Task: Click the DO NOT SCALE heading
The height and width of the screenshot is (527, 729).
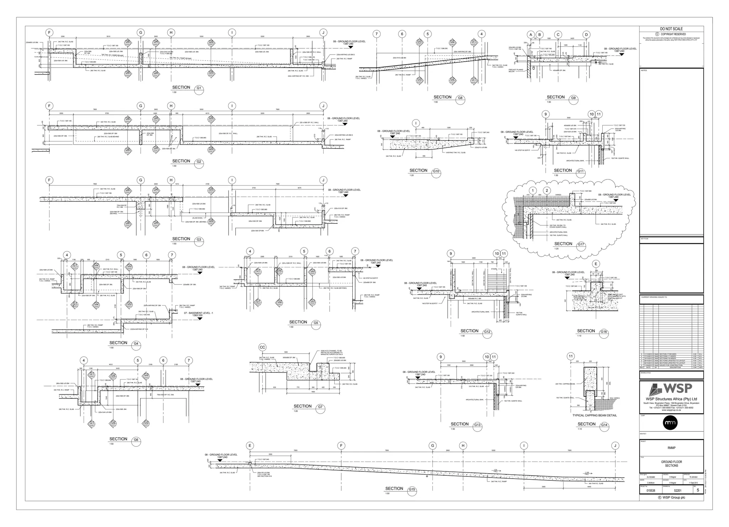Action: point(671,29)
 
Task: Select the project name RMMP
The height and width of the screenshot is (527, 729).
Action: point(671,448)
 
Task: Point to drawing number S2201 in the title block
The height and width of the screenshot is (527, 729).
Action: point(671,490)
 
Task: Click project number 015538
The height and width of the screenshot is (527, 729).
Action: point(651,490)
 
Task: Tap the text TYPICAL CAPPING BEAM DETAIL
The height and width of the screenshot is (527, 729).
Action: point(594,415)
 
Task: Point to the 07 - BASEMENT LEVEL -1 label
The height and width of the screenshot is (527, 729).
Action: point(198,314)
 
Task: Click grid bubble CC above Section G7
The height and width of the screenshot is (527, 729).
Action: point(262,348)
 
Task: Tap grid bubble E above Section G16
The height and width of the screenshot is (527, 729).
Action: point(596,264)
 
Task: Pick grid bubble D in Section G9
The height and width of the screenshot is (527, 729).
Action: point(586,35)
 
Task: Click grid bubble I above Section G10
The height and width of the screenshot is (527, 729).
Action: point(416,124)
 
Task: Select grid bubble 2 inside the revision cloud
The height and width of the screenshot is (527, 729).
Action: point(547,191)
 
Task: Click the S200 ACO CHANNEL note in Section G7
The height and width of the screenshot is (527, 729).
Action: point(331,353)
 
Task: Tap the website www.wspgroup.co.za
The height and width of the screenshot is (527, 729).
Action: point(671,410)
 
